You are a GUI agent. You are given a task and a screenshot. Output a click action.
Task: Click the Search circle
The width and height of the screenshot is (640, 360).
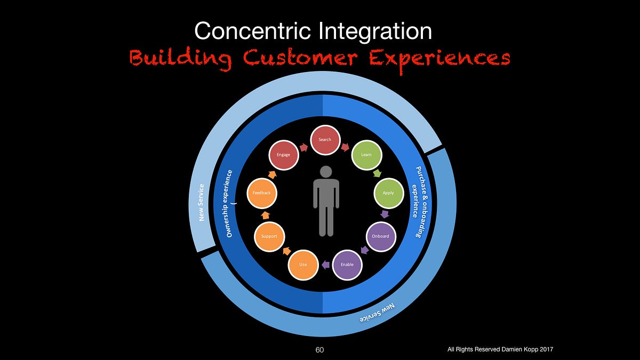tap(325, 140)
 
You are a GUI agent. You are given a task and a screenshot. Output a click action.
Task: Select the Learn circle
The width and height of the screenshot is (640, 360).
tap(366, 155)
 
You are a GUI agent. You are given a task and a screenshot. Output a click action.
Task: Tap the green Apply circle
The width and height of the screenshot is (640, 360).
tap(388, 193)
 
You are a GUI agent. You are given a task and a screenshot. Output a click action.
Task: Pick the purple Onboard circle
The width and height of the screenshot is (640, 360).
tap(380, 236)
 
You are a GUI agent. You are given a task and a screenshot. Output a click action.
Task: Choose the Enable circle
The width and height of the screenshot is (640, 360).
tap(347, 265)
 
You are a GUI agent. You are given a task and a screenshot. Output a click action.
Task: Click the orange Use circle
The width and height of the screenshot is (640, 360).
tap(303, 265)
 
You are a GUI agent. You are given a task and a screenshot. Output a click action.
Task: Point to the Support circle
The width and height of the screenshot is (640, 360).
tap(269, 236)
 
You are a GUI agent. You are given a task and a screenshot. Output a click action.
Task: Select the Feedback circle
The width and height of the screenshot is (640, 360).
tap(262, 193)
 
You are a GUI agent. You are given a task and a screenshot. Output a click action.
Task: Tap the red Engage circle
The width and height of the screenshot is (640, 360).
tap(283, 155)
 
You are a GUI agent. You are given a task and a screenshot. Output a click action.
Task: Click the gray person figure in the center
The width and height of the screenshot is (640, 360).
tap(325, 201)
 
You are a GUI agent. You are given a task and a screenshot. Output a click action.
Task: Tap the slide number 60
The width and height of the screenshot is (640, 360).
tap(319, 349)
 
